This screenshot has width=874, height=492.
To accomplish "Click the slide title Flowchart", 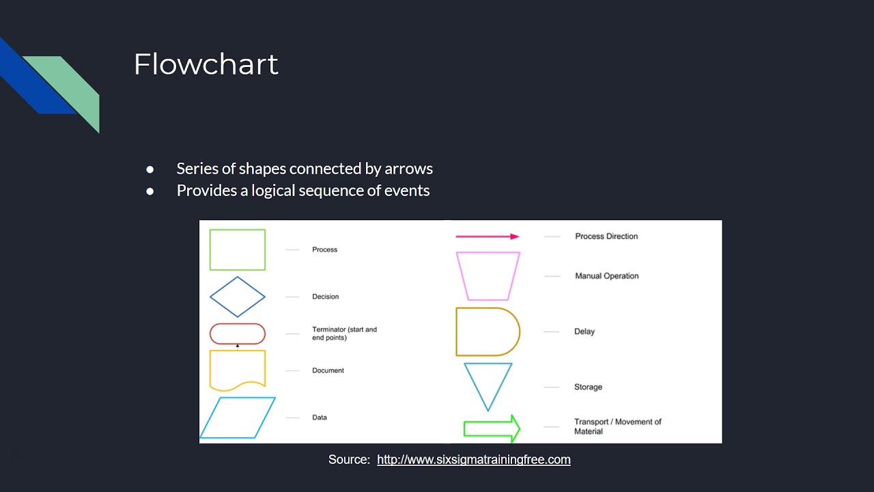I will pyautogui.click(x=206, y=65).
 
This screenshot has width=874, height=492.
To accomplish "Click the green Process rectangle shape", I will pyautogui.click(x=237, y=250).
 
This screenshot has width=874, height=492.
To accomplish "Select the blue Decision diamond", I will pyautogui.click(x=237, y=297).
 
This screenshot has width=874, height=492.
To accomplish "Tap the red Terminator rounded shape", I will pyautogui.click(x=237, y=333).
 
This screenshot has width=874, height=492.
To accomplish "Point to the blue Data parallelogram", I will pyautogui.click(x=238, y=417).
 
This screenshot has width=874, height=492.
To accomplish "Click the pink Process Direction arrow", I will pyautogui.click(x=487, y=236).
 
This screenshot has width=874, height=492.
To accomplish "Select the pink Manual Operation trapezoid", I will pyautogui.click(x=488, y=276).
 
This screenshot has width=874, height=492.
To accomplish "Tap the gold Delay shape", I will pyautogui.click(x=487, y=331).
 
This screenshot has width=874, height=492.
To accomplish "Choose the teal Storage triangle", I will pyautogui.click(x=488, y=383).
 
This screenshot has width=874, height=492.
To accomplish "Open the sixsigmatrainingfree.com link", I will pyautogui.click(x=473, y=460).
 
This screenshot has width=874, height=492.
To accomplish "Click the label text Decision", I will pyautogui.click(x=325, y=297).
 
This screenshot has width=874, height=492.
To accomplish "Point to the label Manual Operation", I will pyautogui.click(x=606, y=276).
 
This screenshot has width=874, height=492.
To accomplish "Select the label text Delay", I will pyautogui.click(x=584, y=331).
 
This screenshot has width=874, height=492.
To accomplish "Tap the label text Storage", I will pyautogui.click(x=588, y=387).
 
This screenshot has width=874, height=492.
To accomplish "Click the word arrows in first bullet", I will pyautogui.click(x=408, y=169).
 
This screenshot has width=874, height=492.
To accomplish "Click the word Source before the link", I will pyautogui.click(x=348, y=460).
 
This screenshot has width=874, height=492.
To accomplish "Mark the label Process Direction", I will pyautogui.click(x=606, y=236).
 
